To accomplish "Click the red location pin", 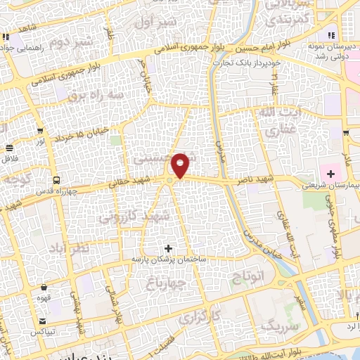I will tap(181, 165).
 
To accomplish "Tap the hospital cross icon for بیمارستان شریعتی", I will tap(330, 173).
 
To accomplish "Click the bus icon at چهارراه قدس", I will tap(56, 179).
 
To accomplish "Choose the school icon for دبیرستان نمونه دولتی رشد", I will tap(330, 37).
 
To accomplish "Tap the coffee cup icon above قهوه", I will tap(44, 287).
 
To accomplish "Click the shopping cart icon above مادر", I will tap(346, 132).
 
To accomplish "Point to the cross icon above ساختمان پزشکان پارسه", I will tap(168, 248).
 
